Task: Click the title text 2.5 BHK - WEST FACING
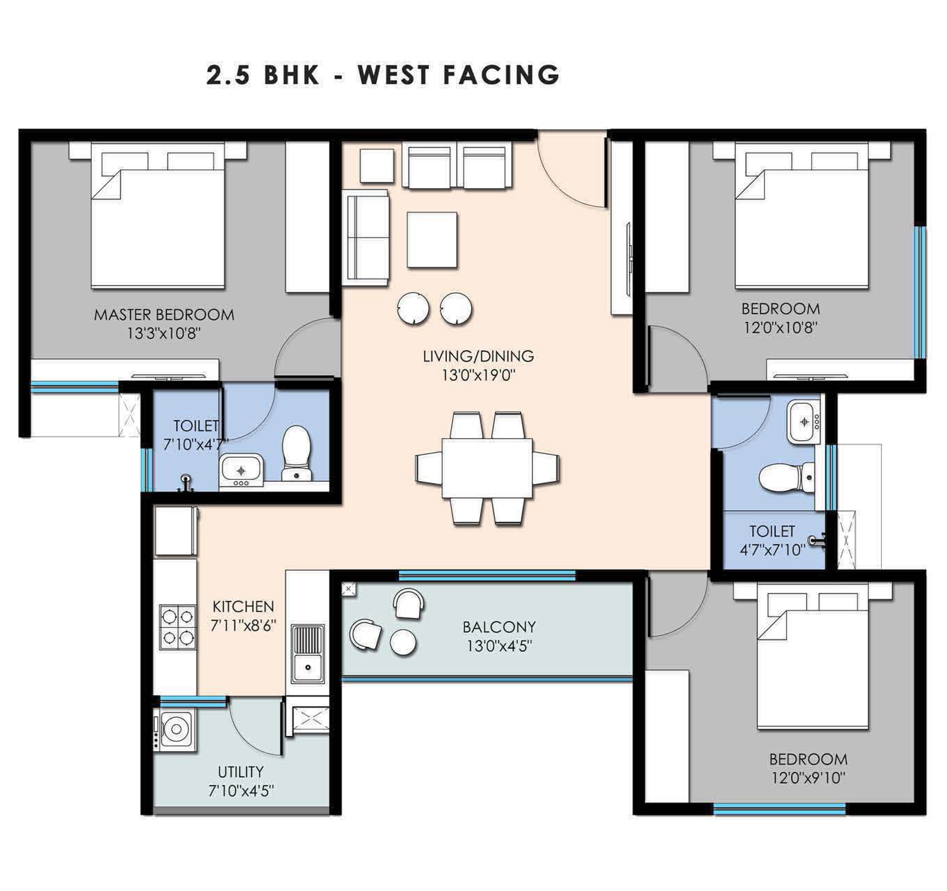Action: pyautogui.click(x=382, y=75)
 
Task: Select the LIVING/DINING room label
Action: pyautogui.click(x=478, y=356)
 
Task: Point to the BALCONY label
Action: pyautogui.click(x=499, y=626)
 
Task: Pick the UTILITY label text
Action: pyautogui.click(x=240, y=772)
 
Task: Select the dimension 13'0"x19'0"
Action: pyautogui.click(x=478, y=375)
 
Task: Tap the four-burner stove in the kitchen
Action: pyautogui.click(x=177, y=627)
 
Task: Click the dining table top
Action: pyautogui.click(x=487, y=468)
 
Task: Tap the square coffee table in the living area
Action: pyautogui.click(x=432, y=240)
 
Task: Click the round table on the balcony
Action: pyautogui.click(x=403, y=643)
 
